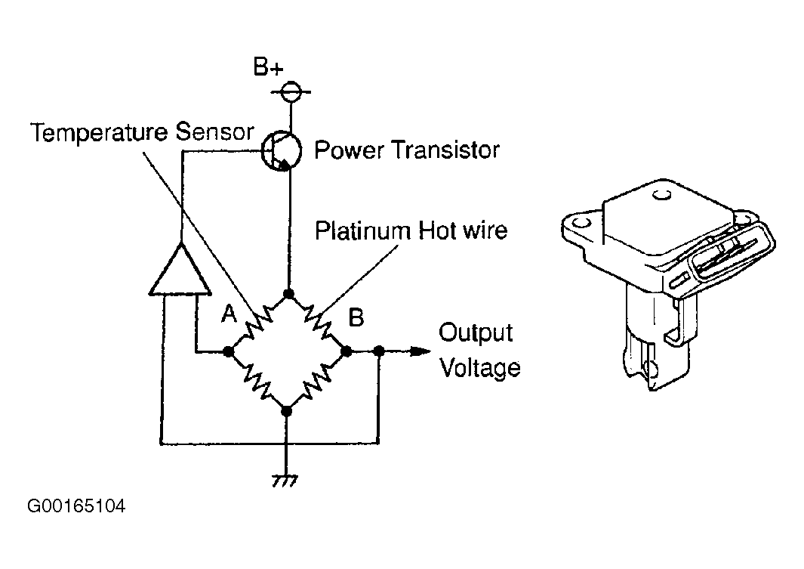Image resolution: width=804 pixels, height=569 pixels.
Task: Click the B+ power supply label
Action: click(x=268, y=66)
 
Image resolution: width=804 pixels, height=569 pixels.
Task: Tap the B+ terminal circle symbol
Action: click(x=291, y=92)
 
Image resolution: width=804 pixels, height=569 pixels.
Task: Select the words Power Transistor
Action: click(x=407, y=150)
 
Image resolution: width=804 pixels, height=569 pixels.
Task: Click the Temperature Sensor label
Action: click(x=142, y=132)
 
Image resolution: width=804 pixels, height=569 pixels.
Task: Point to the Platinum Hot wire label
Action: click(x=411, y=230)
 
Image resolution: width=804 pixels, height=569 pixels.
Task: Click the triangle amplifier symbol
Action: click(x=180, y=268)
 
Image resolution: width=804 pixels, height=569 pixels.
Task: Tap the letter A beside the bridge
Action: click(x=229, y=314)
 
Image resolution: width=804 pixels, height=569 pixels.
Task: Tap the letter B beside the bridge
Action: click(x=356, y=317)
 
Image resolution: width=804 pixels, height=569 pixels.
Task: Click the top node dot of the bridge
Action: click(x=288, y=294)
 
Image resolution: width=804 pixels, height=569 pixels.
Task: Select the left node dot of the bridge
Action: click(x=229, y=352)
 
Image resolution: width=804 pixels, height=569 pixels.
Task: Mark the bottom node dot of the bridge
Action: click(x=287, y=411)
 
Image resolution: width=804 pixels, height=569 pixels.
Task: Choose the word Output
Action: click(x=476, y=332)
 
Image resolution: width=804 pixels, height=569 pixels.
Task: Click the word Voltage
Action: click(x=480, y=368)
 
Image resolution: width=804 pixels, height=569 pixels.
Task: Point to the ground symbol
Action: click(x=285, y=481)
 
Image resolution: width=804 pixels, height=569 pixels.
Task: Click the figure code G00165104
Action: click(x=76, y=506)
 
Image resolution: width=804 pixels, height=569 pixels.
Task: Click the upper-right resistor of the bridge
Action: click(x=318, y=323)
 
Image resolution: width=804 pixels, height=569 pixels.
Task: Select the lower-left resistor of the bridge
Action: click(x=258, y=381)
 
